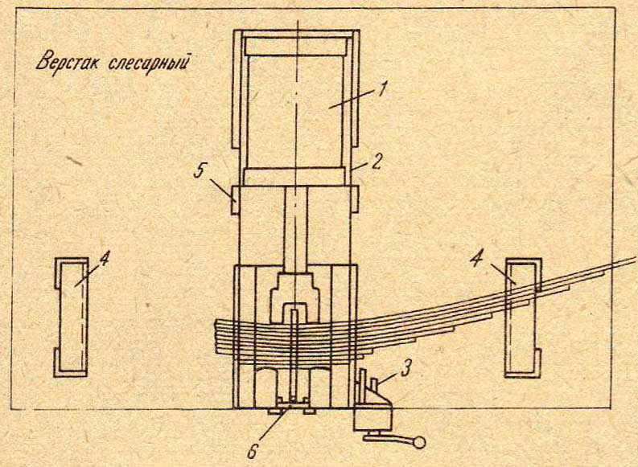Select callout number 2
[x=376, y=162]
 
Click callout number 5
[x=200, y=170]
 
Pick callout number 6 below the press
[x=253, y=451]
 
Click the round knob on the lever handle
[x=419, y=442]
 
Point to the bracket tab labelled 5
[x=235, y=199]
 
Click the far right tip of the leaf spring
[x=635, y=259]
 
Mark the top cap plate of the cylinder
[x=296, y=47]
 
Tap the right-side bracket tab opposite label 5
[x=355, y=199]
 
